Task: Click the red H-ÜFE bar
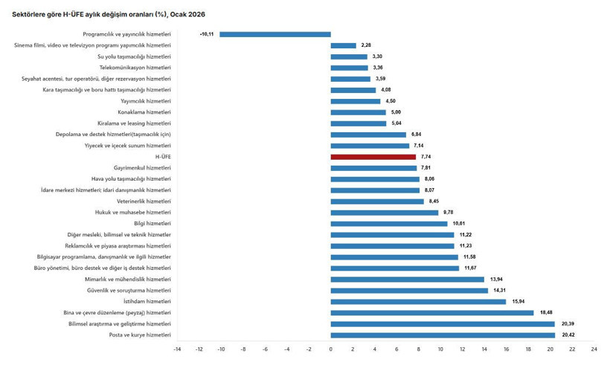point(373,157)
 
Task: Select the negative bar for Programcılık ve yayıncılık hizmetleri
point(275,34)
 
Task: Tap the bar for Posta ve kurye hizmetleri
point(443,335)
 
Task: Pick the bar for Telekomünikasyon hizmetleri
point(350,68)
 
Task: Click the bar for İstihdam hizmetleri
point(418,302)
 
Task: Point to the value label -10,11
point(207,34)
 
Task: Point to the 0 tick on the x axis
point(331,349)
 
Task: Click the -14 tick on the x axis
point(177,349)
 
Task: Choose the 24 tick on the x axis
point(594,349)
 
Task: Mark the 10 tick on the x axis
point(440,349)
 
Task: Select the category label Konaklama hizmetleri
point(146,112)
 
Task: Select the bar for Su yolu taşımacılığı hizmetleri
point(349,56)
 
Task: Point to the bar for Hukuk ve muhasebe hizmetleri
point(385,213)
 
